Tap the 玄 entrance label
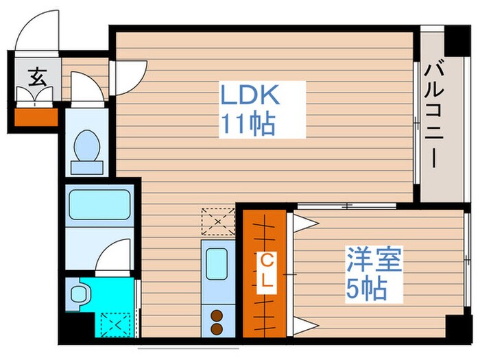37,77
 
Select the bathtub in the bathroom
100,204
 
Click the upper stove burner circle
217,316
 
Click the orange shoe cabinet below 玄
37,117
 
